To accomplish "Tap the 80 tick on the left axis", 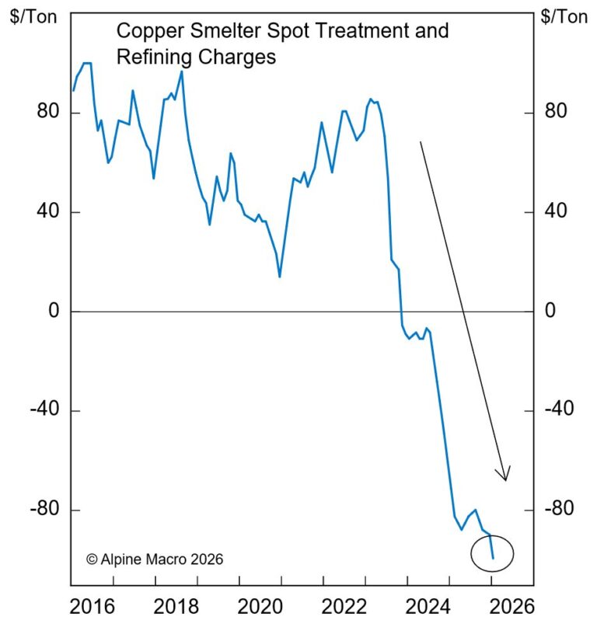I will point(50,113).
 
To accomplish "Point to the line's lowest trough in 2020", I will point(280,276).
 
